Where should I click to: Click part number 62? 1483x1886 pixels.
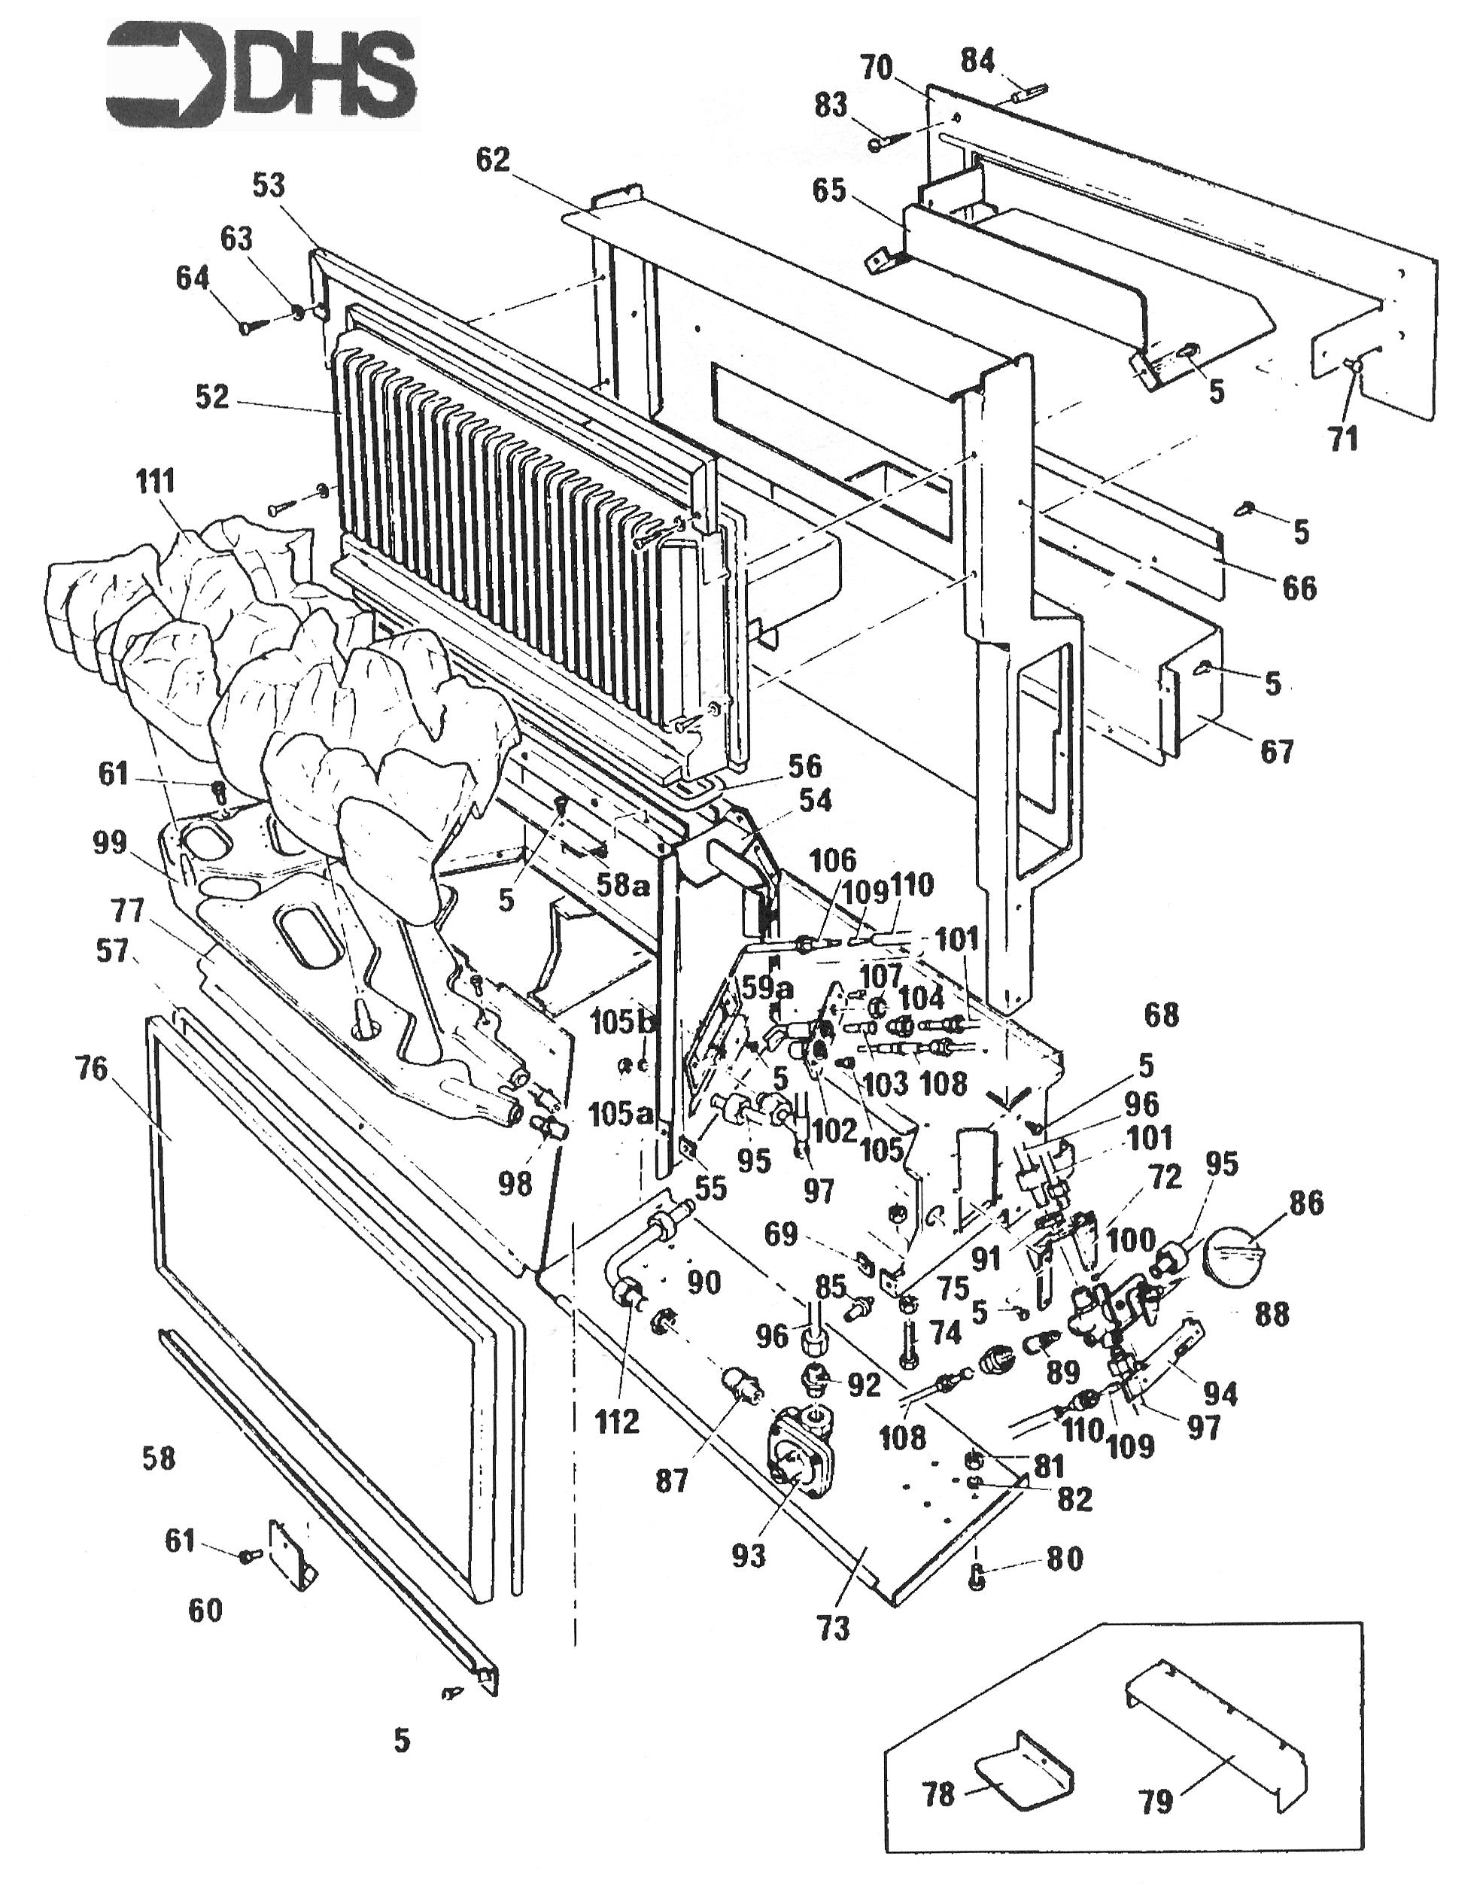pos(492,160)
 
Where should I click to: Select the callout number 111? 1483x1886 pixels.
pos(156,481)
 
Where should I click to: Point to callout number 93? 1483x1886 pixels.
pos(749,1556)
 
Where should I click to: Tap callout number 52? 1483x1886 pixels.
pos(212,397)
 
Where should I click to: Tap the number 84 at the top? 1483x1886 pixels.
pos(977,61)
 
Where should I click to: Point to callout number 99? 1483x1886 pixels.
pos(109,842)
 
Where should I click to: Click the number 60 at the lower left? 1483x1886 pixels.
pos(205,1611)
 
